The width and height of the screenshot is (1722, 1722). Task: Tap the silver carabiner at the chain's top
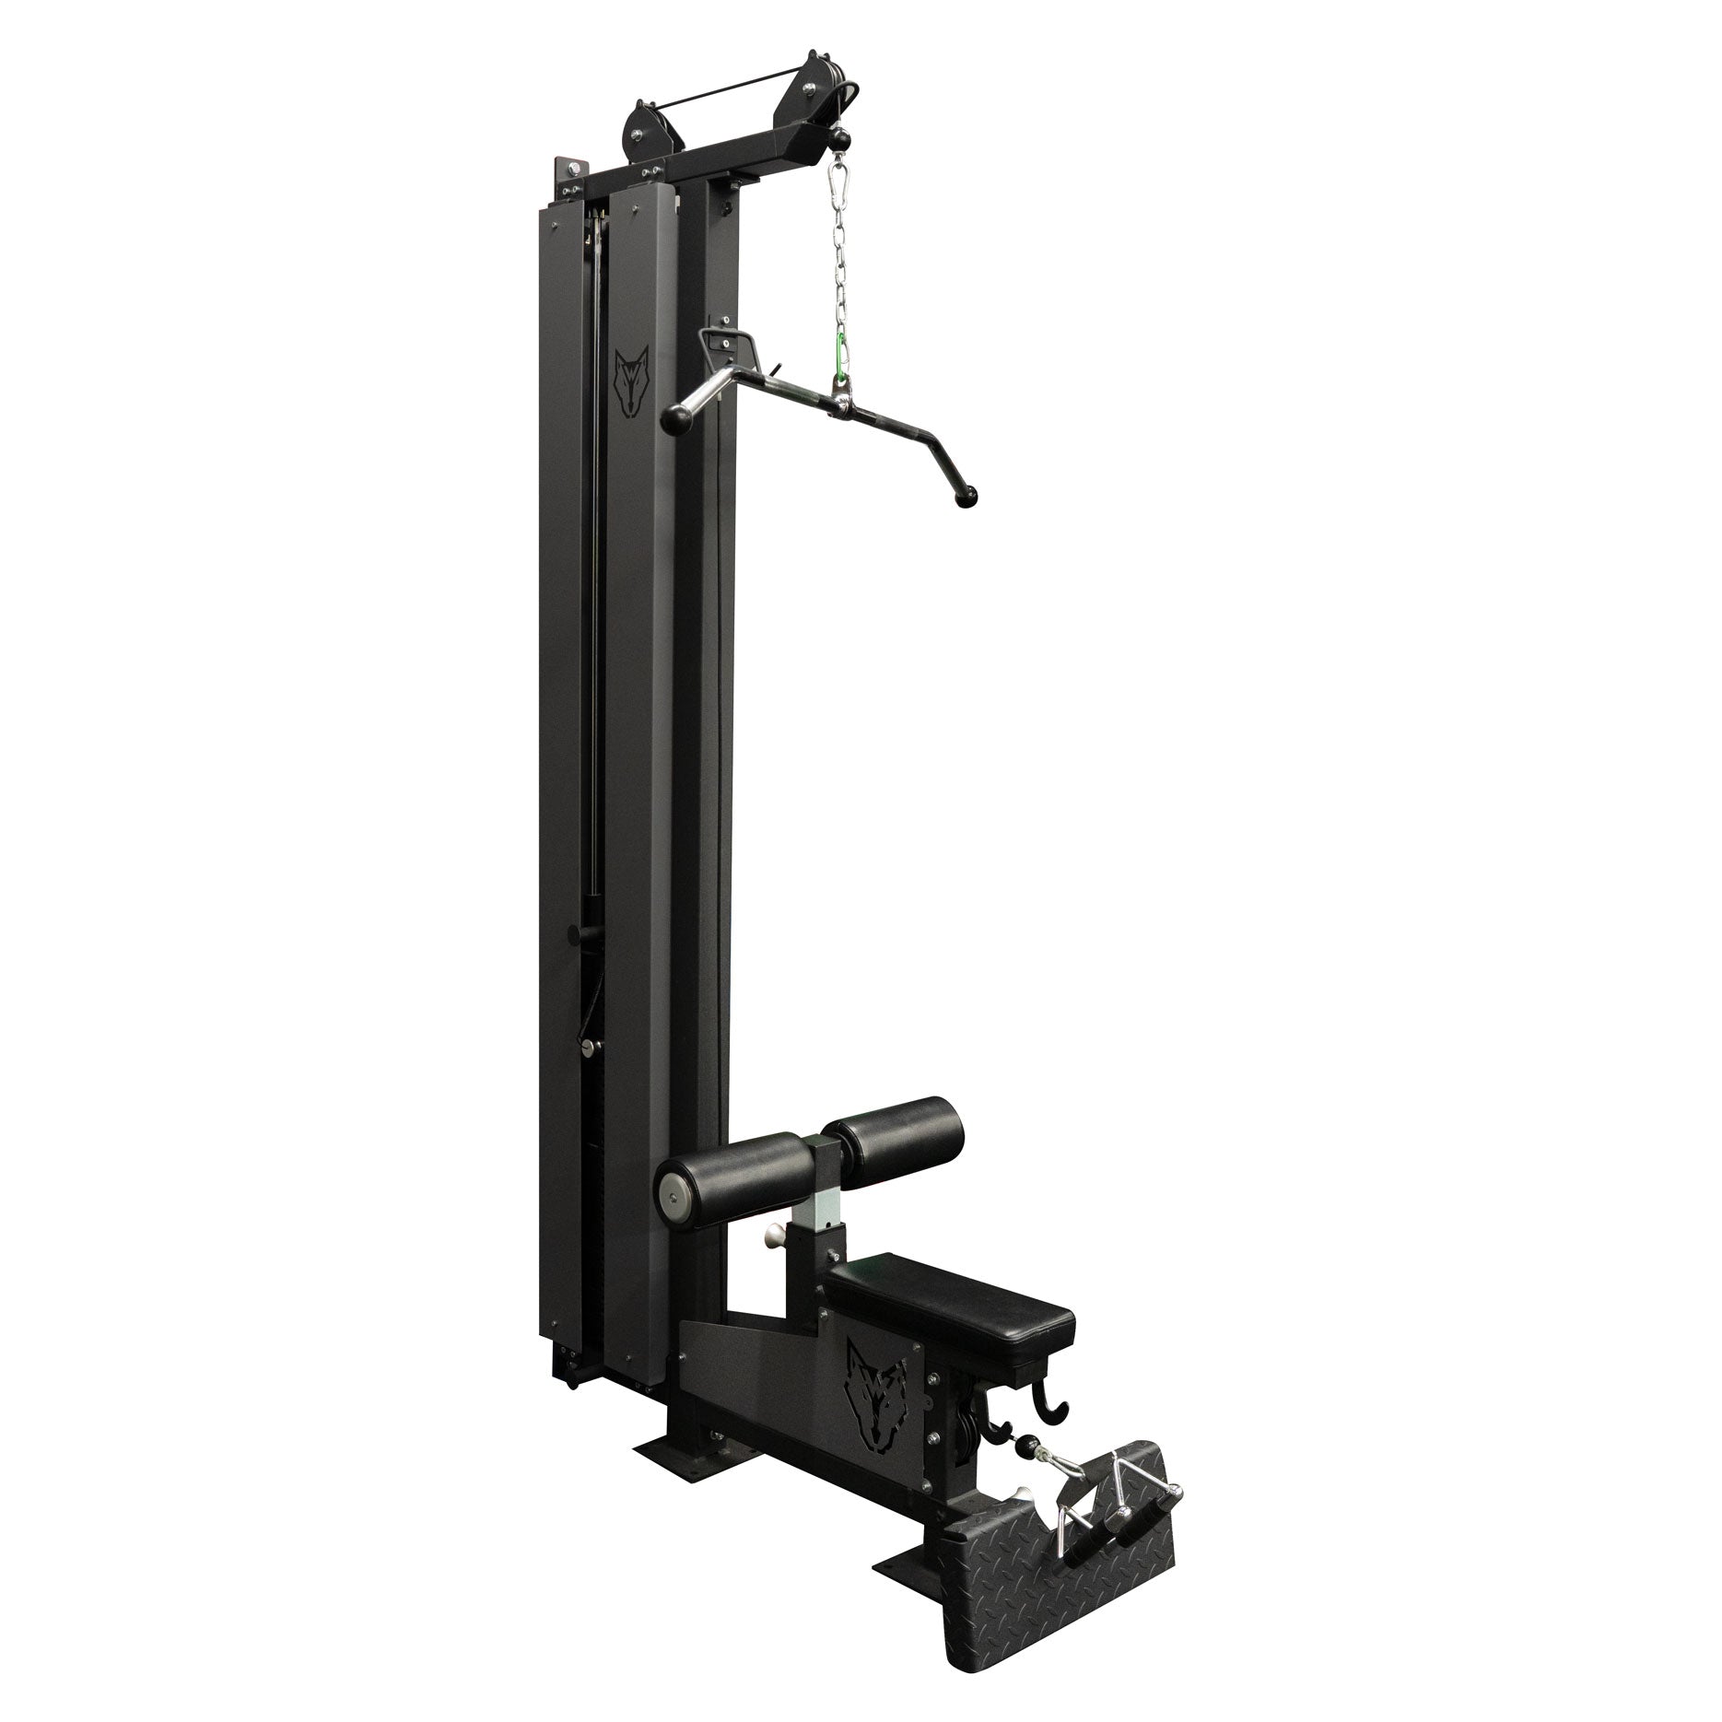coord(838,172)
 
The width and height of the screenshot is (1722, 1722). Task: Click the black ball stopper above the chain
coord(839,138)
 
